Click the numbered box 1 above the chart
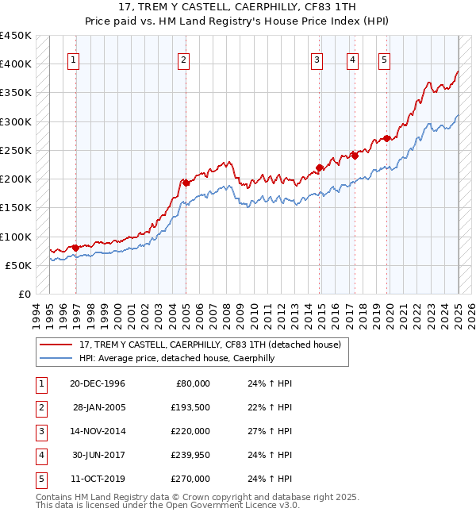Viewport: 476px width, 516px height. [x=73, y=59]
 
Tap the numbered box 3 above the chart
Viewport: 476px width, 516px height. [x=317, y=59]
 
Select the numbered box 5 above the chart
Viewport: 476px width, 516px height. [x=384, y=59]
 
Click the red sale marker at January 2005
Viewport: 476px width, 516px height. [x=186, y=183]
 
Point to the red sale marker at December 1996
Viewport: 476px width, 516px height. [x=76, y=248]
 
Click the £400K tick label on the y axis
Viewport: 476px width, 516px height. [x=16, y=64]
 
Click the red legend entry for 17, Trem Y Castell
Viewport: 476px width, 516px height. [x=209, y=345]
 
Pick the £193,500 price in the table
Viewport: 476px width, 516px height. [x=190, y=406]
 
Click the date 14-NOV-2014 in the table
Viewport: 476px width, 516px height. [x=98, y=430]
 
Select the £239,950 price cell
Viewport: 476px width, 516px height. [x=190, y=455]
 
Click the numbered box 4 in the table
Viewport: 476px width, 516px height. [x=40, y=455]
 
